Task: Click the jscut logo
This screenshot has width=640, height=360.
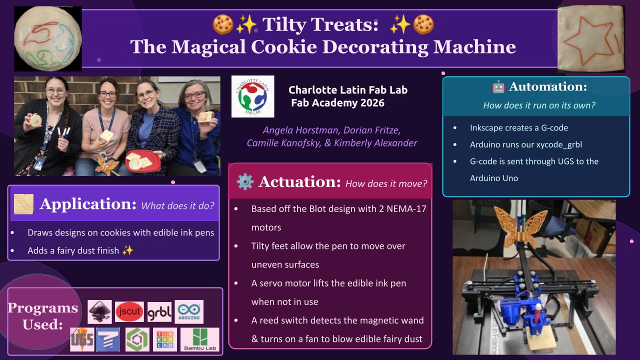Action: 129,312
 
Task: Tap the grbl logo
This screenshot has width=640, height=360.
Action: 159,312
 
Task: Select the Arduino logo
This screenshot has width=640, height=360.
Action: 189,312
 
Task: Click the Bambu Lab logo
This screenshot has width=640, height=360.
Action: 200,339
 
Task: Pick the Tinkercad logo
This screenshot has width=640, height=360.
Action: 164,339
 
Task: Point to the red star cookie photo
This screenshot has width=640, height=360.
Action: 591,36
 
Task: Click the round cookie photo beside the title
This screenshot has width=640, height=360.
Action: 47,38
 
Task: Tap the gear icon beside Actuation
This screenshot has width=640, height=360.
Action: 245,182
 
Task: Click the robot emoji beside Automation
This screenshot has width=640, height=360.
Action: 498,87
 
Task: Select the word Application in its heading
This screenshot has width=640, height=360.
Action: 88,204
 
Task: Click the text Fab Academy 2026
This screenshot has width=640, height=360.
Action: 337,103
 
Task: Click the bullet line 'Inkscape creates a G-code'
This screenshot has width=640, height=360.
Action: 518,128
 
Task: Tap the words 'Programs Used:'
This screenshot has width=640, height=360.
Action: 43,316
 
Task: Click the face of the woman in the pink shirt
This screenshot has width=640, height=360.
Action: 107,94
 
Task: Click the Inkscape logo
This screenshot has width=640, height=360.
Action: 100,312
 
